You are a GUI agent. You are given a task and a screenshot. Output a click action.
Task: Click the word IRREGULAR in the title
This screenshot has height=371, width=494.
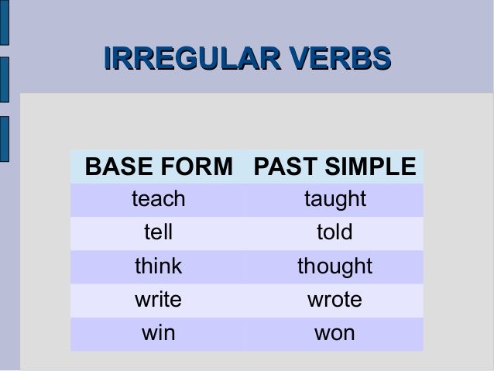click(x=192, y=58)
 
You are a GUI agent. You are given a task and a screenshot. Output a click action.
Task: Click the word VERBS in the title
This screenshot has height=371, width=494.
click(x=340, y=58)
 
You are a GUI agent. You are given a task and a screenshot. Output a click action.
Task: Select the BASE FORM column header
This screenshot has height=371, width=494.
click(x=159, y=167)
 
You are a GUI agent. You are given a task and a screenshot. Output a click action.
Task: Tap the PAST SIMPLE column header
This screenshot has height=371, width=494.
click(x=335, y=167)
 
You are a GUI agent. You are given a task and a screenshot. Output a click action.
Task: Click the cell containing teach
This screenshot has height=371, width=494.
click(x=159, y=199)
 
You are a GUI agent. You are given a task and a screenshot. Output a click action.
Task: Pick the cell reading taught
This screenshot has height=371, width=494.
click(x=335, y=200)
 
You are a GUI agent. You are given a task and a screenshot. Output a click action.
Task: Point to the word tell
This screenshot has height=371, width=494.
click(x=158, y=232)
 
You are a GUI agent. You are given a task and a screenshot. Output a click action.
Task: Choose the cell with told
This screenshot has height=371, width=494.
click(x=334, y=232)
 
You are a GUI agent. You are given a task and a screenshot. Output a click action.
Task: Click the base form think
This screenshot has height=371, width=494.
click(x=159, y=266)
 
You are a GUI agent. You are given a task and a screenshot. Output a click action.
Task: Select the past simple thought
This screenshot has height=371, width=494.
click(x=335, y=267)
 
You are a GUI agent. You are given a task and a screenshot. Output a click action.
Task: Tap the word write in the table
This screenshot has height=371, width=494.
click(x=158, y=300)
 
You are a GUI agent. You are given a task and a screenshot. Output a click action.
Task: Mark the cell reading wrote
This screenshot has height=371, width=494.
click(x=334, y=300)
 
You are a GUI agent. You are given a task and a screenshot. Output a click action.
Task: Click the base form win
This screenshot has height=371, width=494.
click(x=159, y=333)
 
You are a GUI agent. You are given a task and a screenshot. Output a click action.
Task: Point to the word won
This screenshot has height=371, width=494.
click(x=334, y=334)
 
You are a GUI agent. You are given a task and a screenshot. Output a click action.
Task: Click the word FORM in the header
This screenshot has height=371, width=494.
click(x=197, y=167)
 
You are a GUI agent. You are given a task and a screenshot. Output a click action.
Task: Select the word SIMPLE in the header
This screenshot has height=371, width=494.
click(x=370, y=167)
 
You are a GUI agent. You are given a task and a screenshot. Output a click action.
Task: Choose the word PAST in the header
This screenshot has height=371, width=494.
click(x=286, y=167)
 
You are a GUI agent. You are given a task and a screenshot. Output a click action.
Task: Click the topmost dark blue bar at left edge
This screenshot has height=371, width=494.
click(x=5, y=22)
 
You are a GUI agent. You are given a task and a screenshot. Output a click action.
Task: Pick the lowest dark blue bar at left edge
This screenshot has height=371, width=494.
click(x=5, y=139)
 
